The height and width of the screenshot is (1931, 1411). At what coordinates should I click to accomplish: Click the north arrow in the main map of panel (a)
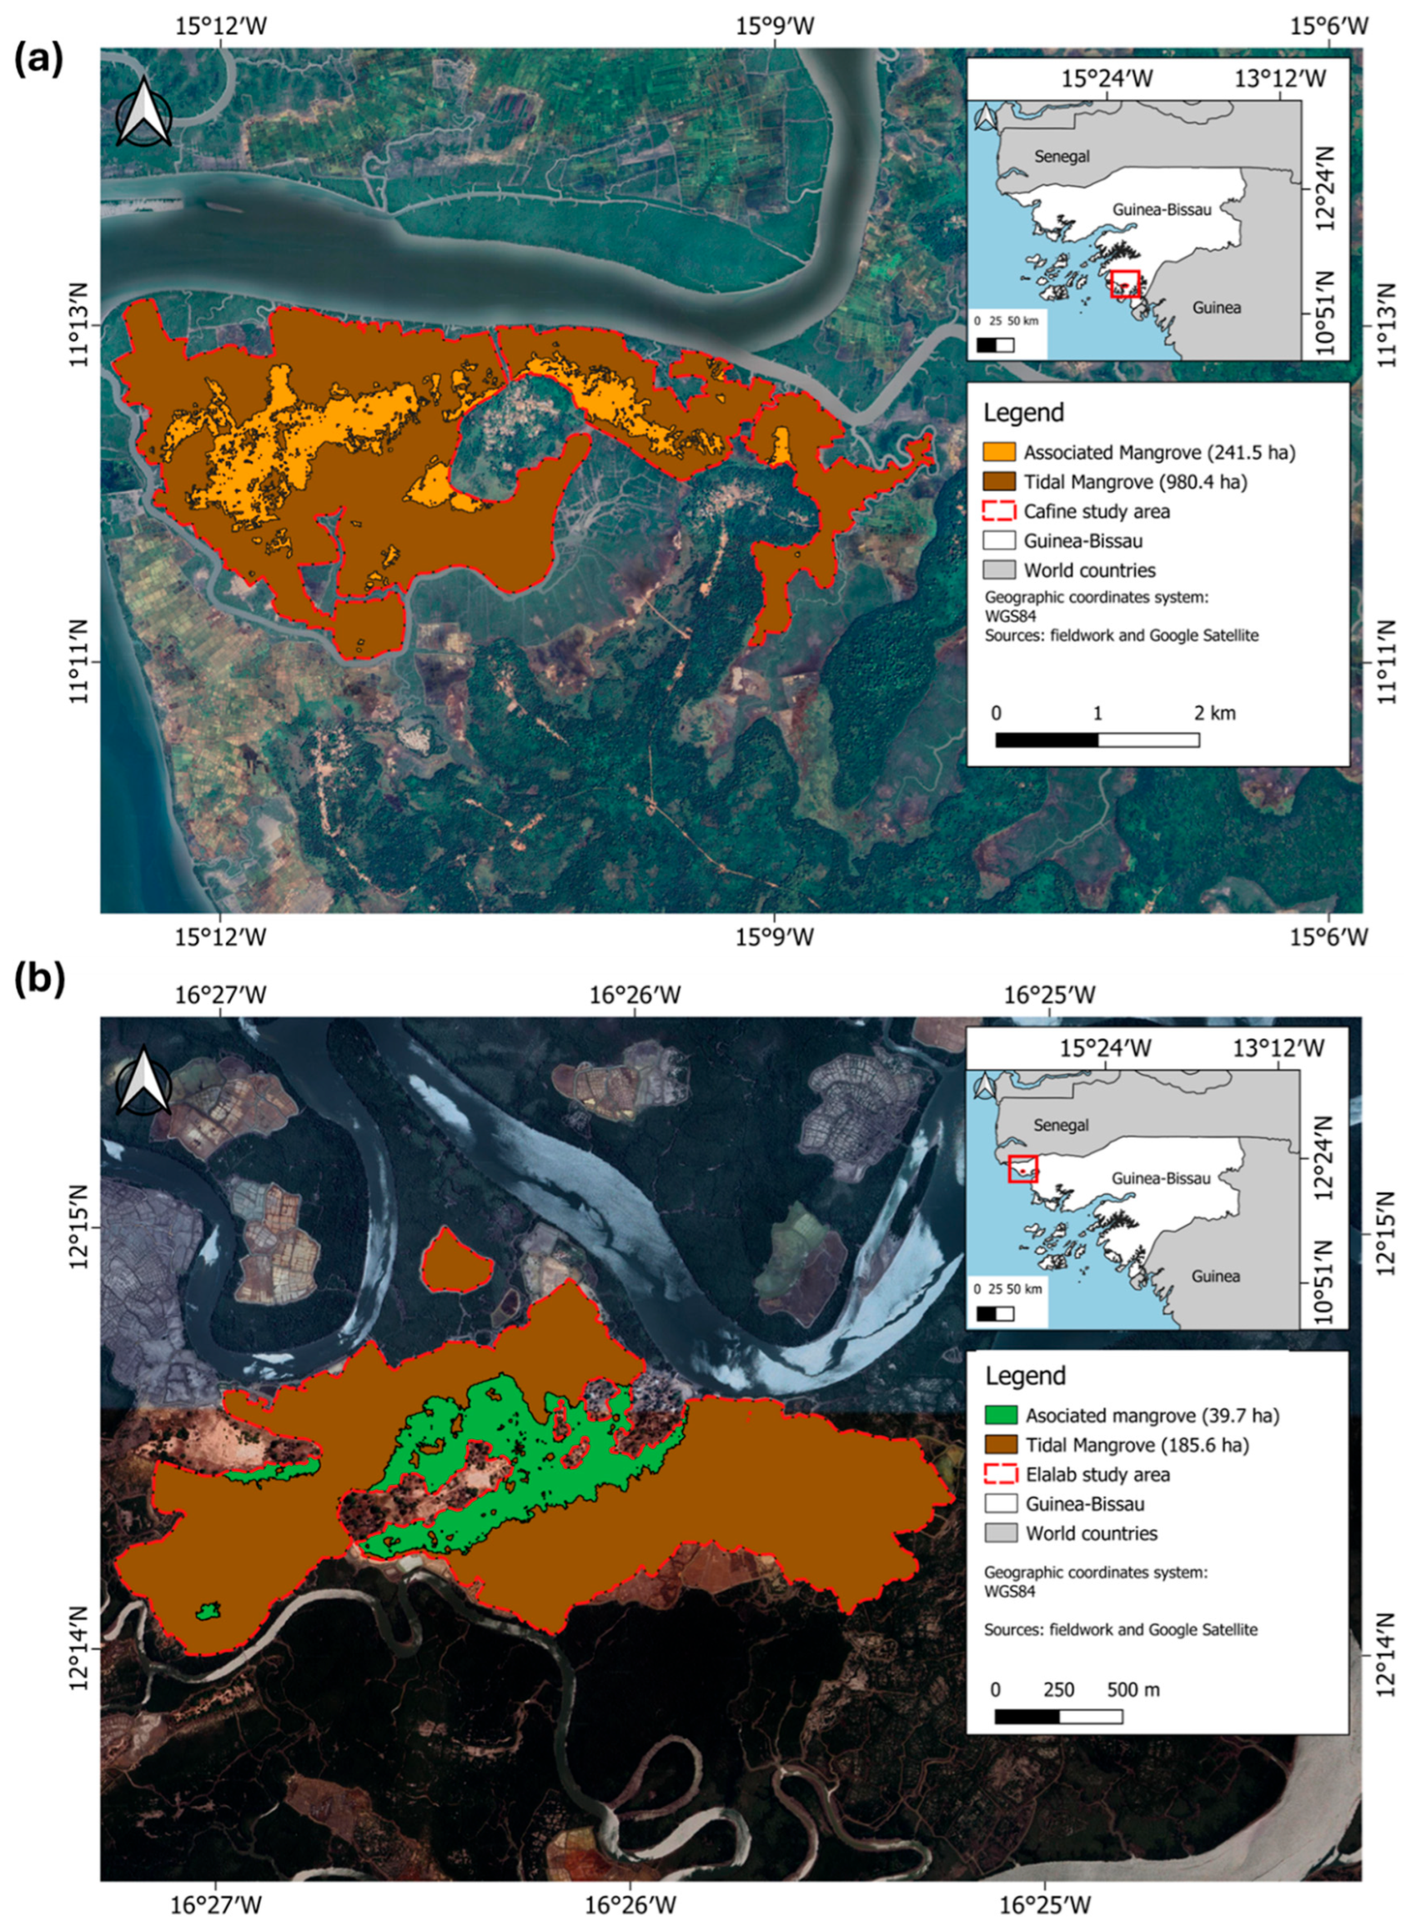pos(143,114)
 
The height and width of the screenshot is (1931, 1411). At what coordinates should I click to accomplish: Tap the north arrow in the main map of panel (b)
pos(143,1082)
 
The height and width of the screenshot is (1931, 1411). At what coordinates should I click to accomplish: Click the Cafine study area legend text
pos(1096,511)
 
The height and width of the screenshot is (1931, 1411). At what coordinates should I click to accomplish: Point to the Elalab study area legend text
pos(1098,1474)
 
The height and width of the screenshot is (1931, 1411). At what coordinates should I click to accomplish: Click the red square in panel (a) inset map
pos(1125,283)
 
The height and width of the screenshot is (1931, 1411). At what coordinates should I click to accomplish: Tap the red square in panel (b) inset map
pos(1022,1168)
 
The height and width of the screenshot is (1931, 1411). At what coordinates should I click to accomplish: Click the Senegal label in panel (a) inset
pos(1062,156)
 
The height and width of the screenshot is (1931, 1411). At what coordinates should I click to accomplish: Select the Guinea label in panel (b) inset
pos(1215,1276)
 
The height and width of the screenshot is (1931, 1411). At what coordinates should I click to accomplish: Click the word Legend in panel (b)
pos(1025,1376)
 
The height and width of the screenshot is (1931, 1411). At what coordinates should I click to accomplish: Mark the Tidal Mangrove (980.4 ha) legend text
pos(1135,482)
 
